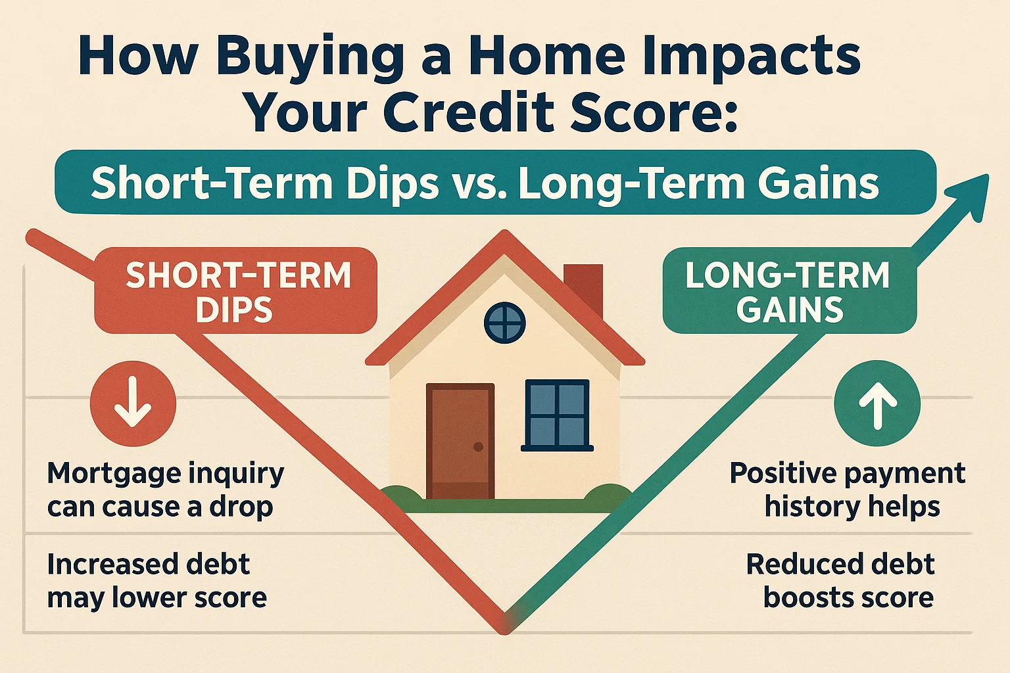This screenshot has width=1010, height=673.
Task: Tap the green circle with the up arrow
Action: pyautogui.click(x=877, y=402)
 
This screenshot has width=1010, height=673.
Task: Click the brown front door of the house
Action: pyautogui.click(x=460, y=441)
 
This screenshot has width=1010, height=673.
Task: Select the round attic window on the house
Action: pyautogui.click(x=504, y=323)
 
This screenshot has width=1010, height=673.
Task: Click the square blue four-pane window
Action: pyautogui.click(x=557, y=415)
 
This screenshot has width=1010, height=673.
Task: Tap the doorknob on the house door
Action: pyautogui.click(x=478, y=447)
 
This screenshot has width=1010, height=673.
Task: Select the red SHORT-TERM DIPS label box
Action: pyautogui.click(x=236, y=291)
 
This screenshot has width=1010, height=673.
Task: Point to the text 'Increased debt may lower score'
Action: pyautogui.click(x=156, y=581)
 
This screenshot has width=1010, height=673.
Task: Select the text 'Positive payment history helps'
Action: pyautogui.click(x=848, y=490)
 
